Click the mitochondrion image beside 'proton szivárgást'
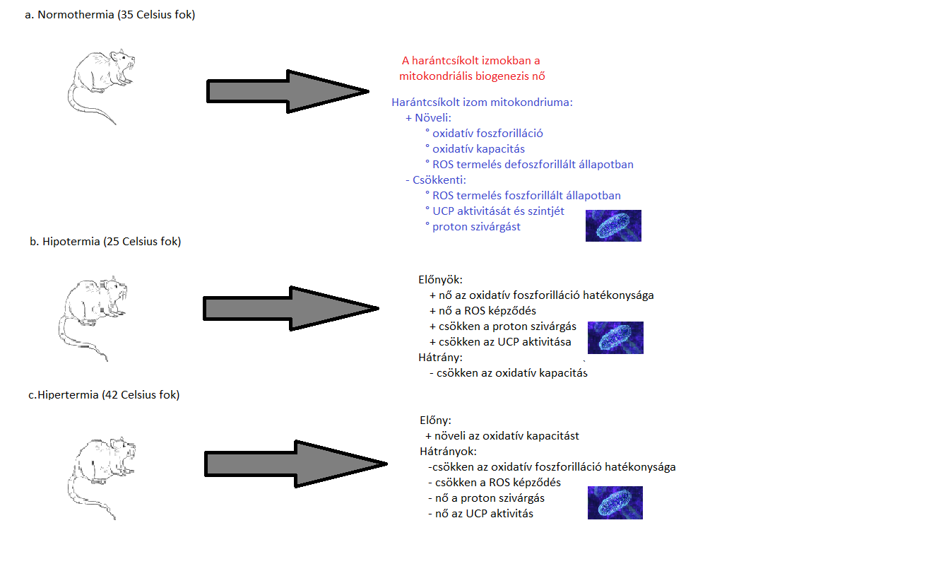(613, 225)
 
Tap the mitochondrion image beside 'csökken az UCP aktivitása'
(615, 338)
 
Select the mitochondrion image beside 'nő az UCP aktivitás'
(615, 502)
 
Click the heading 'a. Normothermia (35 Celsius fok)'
(110, 15)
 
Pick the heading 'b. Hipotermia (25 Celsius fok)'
(105, 242)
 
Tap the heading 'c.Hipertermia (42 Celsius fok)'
(104, 395)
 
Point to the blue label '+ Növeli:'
(428, 117)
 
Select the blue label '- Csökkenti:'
(436, 179)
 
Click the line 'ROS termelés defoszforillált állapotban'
(533, 164)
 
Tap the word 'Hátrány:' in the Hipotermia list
(440, 358)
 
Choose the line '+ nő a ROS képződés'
(483, 311)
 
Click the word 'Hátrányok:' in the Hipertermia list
(448, 452)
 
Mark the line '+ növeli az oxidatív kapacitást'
(502, 436)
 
